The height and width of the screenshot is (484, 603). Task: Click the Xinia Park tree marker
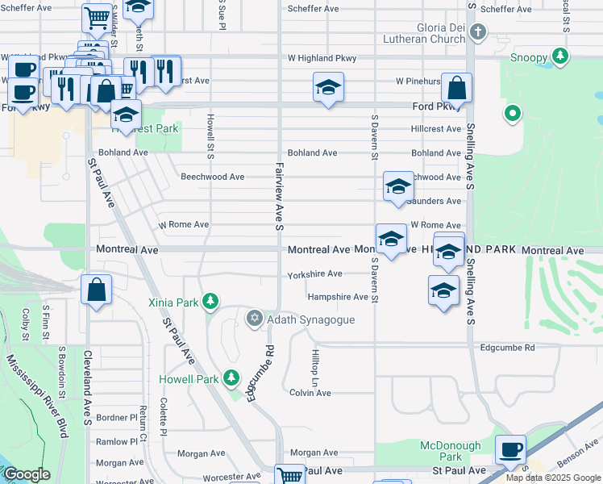point(210,302)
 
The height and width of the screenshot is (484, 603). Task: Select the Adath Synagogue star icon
point(255,319)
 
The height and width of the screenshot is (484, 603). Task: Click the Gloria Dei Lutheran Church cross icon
point(478,33)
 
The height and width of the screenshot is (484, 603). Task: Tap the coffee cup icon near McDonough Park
point(509,449)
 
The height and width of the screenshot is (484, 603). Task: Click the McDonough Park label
point(451,452)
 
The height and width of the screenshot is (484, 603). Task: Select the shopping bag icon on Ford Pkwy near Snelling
point(456,88)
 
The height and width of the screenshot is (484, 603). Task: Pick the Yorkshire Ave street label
point(315,274)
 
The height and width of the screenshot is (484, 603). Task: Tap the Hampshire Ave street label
point(337,297)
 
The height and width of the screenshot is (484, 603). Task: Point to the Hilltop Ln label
point(314,366)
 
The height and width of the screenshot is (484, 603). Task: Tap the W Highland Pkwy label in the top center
point(318,58)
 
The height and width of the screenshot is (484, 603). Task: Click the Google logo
point(27,474)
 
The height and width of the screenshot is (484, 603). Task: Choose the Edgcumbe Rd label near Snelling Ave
point(507,348)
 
